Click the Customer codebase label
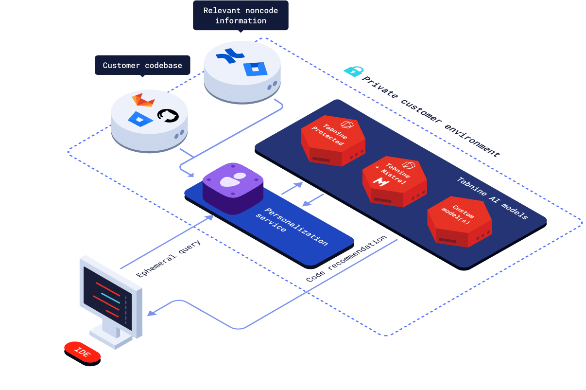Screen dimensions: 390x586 pyautogui.click(x=142, y=66)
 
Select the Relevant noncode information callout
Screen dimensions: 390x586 pyautogui.click(x=241, y=16)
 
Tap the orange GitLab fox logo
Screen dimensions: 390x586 pyautogui.click(x=143, y=100)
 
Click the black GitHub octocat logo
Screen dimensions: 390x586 pyautogui.click(x=168, y=116)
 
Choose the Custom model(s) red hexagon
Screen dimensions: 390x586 pyautogui.click(x=459, y=220)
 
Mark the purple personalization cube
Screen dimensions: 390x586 pyautogui.click(x=233, y=187)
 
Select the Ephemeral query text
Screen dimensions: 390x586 pyautogui.click(x=168, y=259)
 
